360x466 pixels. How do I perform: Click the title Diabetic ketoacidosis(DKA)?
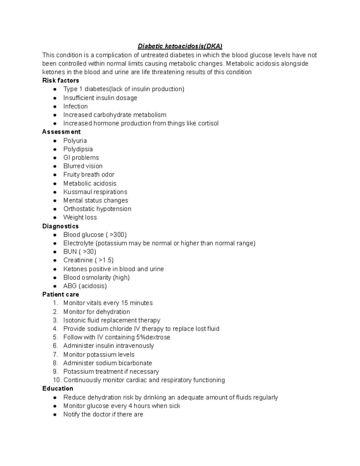180,46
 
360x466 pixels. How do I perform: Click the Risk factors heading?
61,80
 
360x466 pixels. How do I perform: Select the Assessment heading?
61,132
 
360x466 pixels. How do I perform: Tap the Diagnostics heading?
60,226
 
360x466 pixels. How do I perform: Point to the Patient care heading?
61,294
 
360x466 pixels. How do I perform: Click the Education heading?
58,388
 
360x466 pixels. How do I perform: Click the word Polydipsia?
78,149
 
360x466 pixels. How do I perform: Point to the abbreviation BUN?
70,252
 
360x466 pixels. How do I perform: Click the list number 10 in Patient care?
57,380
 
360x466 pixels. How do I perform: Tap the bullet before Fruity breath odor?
55,175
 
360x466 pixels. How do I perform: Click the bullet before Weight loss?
55,218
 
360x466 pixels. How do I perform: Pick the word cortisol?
208,123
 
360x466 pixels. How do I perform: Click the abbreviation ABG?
70,286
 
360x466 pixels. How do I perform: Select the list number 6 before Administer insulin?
55,346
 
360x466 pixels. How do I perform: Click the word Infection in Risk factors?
75,106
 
